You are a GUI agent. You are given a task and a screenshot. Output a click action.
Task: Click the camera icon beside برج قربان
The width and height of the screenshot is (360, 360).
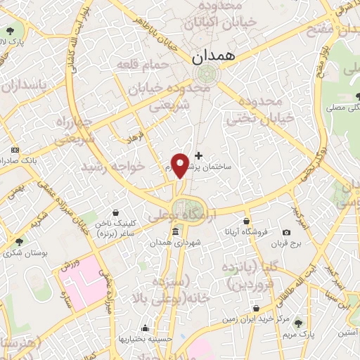[x=286, y=233]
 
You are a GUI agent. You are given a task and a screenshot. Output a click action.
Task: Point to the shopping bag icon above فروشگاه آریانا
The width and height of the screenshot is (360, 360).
[x=245, y=221]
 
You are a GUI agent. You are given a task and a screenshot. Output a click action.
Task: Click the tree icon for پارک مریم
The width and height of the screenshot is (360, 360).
[x=299, y=323]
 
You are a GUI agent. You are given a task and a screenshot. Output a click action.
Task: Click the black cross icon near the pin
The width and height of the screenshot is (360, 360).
[x=198, y=155]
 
